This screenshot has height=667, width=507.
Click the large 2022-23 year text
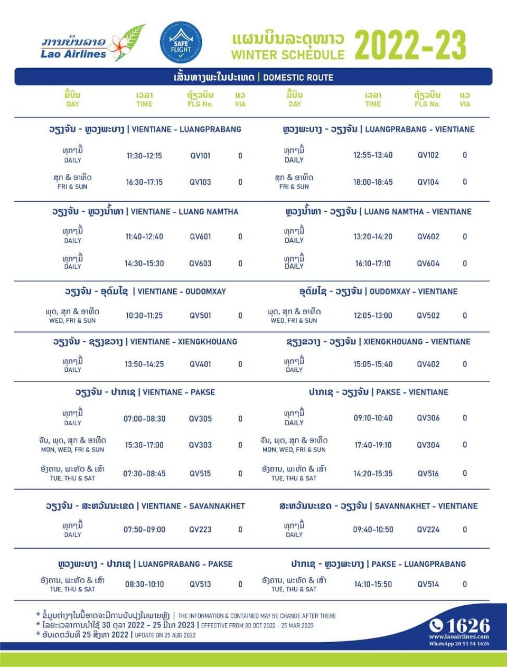click(410, 45)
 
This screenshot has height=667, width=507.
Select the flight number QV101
click(200, 156)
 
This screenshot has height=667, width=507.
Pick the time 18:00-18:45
click(373, 182)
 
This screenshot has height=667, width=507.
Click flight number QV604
click(428, 264)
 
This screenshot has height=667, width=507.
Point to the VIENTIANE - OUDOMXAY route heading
click(145, 292)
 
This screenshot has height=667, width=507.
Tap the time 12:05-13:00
click(373, 316)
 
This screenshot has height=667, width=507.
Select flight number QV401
click(200, 364)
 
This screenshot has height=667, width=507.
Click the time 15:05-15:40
click(373, 364)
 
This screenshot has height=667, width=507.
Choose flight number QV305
click(200, 419)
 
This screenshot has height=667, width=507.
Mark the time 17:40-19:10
click(373, 445)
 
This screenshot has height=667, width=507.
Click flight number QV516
click(428, 474)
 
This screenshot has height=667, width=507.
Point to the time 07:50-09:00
click(144, 530)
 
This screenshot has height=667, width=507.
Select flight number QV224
click(428, 530)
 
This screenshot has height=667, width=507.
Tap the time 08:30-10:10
click(144, 585)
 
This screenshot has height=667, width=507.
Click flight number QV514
click(428, 585)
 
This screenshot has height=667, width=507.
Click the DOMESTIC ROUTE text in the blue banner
click(298, 78)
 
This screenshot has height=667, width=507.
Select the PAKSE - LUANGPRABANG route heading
click(378, 564)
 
